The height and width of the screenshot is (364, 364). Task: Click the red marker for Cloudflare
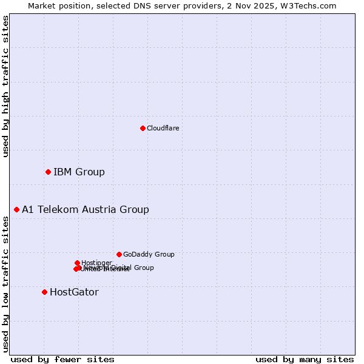coord(143,128)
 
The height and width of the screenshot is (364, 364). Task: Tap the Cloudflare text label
coord(163,128)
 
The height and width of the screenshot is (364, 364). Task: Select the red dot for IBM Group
coord(48,172)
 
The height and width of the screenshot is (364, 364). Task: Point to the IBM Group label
coord(79,172)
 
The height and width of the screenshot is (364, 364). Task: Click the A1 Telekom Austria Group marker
coord(16,209)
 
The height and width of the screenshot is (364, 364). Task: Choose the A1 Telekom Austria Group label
coord(86,210)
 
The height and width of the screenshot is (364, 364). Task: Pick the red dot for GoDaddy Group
coord(119,254)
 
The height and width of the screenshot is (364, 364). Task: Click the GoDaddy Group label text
coord(149,255)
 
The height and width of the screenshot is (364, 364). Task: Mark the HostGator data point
coord(44,292)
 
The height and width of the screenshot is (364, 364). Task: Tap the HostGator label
coord(74,292)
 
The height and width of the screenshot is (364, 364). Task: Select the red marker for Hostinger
coord(77,263)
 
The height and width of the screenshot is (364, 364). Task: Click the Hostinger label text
coord(96,263)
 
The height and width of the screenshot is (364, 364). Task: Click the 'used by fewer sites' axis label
coord(62,359)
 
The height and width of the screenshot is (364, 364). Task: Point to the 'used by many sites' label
coord(305,359)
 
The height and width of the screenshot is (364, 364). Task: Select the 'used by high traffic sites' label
coord(5,86)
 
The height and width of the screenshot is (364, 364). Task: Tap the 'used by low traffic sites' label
coord(5,284)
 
